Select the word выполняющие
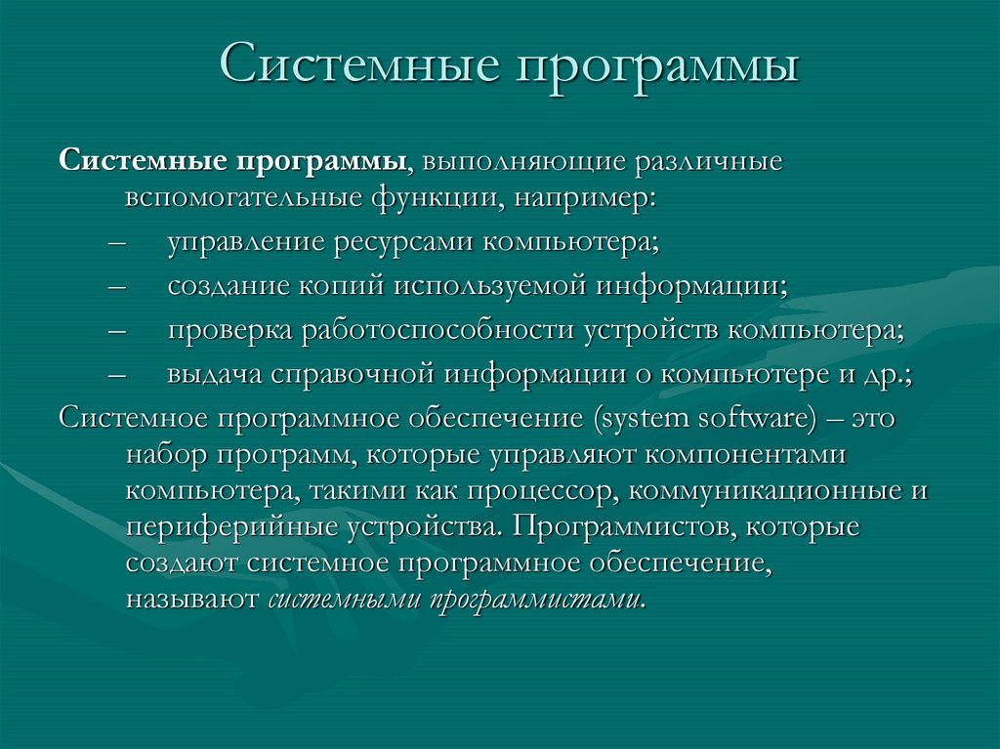523,160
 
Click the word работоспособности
439,330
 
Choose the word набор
167,455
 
